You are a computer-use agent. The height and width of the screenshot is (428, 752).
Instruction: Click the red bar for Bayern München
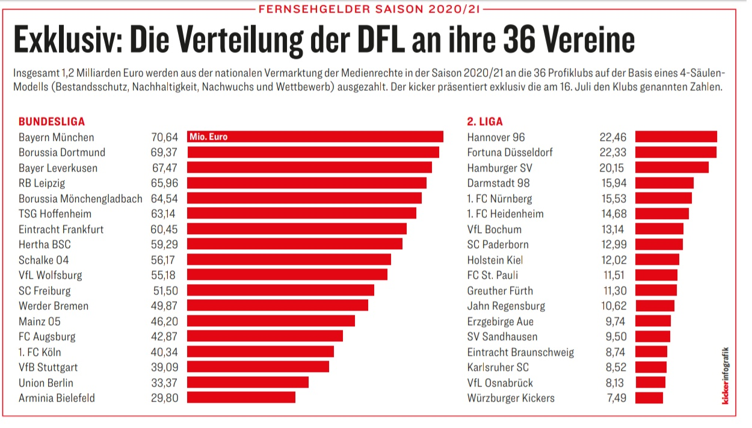337,137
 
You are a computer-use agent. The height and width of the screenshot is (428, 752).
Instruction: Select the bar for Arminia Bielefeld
241,397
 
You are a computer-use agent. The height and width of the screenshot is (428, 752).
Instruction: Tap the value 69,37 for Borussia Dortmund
165,152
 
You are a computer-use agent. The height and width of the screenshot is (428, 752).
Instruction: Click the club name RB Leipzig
42,183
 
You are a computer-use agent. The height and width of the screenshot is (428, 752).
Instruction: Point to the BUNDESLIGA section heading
52,122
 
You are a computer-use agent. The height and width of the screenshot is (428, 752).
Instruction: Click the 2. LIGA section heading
485,122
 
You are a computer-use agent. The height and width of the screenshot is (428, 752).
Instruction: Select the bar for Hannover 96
676,137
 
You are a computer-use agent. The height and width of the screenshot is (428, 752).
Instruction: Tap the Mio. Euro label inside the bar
209,137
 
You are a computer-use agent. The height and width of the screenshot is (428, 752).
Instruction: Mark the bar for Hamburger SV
671,167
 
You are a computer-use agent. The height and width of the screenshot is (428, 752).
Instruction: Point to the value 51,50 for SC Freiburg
165,290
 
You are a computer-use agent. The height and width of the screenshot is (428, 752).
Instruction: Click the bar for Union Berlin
247,382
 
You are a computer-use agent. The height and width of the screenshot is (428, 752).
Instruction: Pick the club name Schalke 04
44,259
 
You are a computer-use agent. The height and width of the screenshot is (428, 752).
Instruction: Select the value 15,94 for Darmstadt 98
612,183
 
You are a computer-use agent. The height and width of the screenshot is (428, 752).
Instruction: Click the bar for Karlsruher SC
651,367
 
